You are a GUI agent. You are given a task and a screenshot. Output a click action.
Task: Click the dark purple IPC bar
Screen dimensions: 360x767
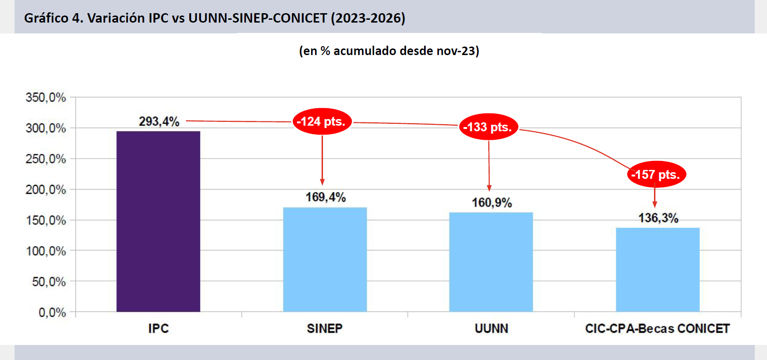pyautogui.click(x=158, y=221)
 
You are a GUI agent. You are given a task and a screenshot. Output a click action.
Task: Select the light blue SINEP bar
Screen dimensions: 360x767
pyautogui.click(x=324, y=259)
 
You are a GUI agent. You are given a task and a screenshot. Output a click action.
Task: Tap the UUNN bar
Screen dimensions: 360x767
pyautogui.click(x=491, y=262)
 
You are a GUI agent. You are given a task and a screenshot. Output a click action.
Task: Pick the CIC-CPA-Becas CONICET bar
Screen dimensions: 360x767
pyautogui.click(x=657, y=270)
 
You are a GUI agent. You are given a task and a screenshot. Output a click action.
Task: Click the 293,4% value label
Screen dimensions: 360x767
pyautogui.click(x=159, y=121)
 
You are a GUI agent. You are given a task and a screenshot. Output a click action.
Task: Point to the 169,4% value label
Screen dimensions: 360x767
pyautogui.click(x=325, y=197)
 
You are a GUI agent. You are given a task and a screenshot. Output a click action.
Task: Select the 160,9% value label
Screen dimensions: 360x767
pyautogui.click(x=492, y=203)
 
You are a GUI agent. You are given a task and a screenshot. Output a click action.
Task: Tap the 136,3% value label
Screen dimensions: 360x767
pyautogui.click(x=658, y=218)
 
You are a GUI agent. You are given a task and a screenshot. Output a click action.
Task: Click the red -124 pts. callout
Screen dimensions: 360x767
pyautogui.click(x=322, y=122)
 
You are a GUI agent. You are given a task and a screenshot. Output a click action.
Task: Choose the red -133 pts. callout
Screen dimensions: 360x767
pyautogui.click(x=488, y=127)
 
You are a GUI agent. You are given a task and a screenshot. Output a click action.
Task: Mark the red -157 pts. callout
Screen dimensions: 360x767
pyautogui.click(x=656, y=175)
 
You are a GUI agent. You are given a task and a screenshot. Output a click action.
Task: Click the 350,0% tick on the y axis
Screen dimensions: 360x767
pyautogui.click(x=46, y=97)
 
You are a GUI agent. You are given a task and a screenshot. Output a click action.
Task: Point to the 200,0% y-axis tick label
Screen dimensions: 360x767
pyautogui.click(x=46, y=190)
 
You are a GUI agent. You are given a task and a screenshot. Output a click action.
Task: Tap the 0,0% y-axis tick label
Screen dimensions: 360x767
pyautogui.click(x=52, y=312)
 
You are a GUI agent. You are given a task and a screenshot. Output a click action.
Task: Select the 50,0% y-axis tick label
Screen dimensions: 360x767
pyautogui.click(x=48, y=282)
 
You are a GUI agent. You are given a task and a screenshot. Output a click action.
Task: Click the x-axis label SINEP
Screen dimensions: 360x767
pyautogui.click(x=324, y=328)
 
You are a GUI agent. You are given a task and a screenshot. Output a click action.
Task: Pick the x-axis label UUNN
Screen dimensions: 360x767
pyautogui.click(x=491, y=328)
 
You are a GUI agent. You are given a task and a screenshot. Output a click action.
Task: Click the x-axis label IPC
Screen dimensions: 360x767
pyautogui.click(x=158, y=328)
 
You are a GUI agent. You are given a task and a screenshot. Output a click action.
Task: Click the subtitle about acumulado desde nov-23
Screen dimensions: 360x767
pyautogui.click(x=389, y=51)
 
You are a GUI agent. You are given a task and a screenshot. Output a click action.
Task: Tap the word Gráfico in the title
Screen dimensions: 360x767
pyautogui.click(x=46, y=18)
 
